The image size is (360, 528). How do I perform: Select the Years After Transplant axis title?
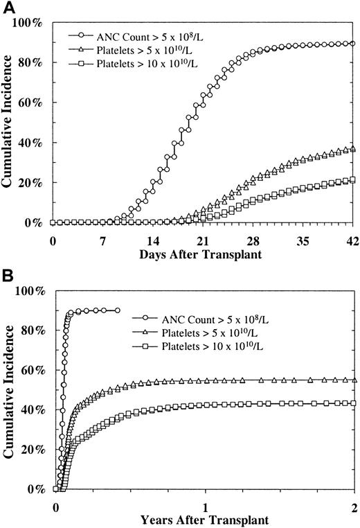pyautogui.click(x=204, y=518)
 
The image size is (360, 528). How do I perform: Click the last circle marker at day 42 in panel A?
pyautogui.click(x=353, y=43)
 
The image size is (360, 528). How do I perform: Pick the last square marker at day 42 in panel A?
pyautogui.click(x=353, y=180)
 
